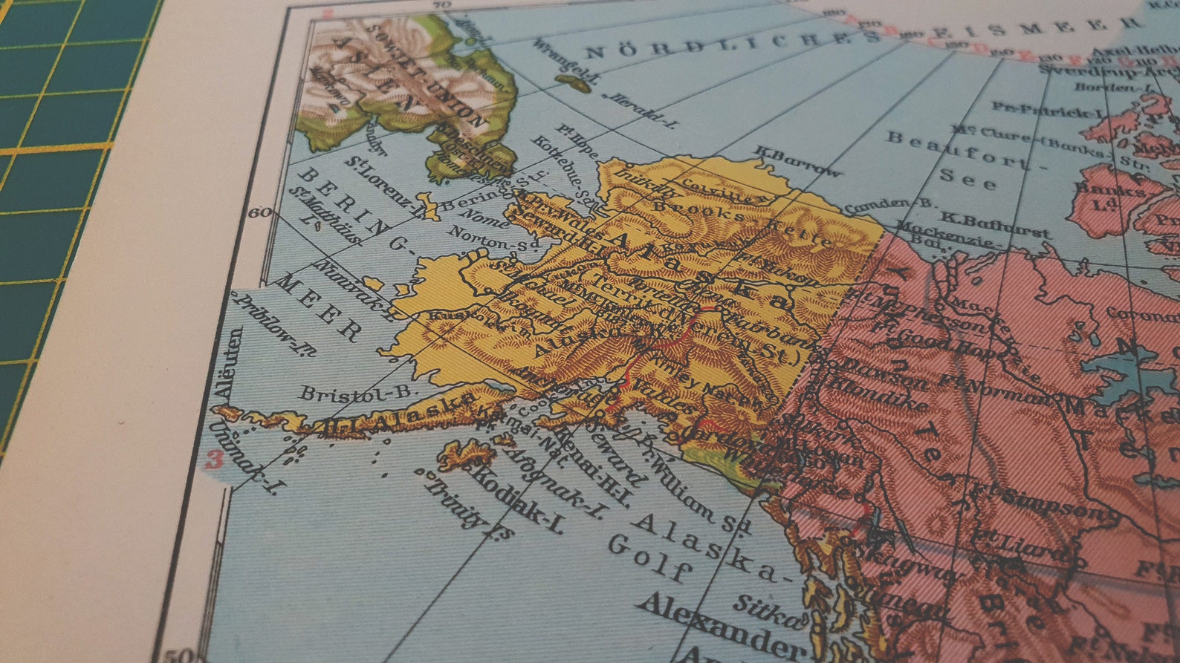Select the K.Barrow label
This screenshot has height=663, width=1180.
tap(798, 161)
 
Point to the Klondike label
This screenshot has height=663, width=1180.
tap(877, 393)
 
